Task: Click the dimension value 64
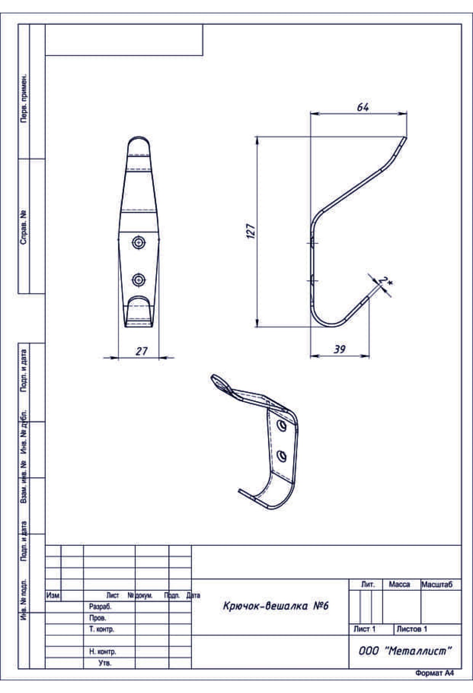pyautogui.click(x=363, y=107)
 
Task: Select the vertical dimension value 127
pyautogui.click(x=251, y=231)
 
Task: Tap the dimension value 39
pyautogui.click(x=339, y=349)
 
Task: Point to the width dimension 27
pyautogui.click(x=141, y=351)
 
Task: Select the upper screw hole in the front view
pyautogui.click(x=138, y=243)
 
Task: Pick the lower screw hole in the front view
pyautogui.click(x=138, y=280)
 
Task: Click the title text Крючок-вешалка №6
pyautogui.click(x=276, y=606)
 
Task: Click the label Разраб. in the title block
pyautogui.click(x=100, y=607)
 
